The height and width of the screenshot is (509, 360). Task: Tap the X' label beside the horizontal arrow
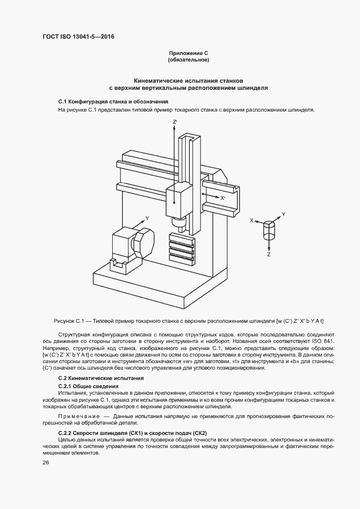[x=223, y=199]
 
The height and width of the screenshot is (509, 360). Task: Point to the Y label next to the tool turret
[x=147, y=218]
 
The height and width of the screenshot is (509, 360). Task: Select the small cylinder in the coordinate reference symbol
[x=270, y=230]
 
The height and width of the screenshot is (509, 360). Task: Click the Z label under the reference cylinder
[x=269, y=254]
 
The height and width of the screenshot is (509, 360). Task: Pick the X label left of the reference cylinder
[x=252, y=221]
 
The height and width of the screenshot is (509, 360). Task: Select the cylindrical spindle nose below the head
[x=176, y=223]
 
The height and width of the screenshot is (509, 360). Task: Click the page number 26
[x=46, y=463]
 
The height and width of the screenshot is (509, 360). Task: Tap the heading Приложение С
[x=188, y=53]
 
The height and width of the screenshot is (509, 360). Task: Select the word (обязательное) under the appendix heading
[x=188, y=59]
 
